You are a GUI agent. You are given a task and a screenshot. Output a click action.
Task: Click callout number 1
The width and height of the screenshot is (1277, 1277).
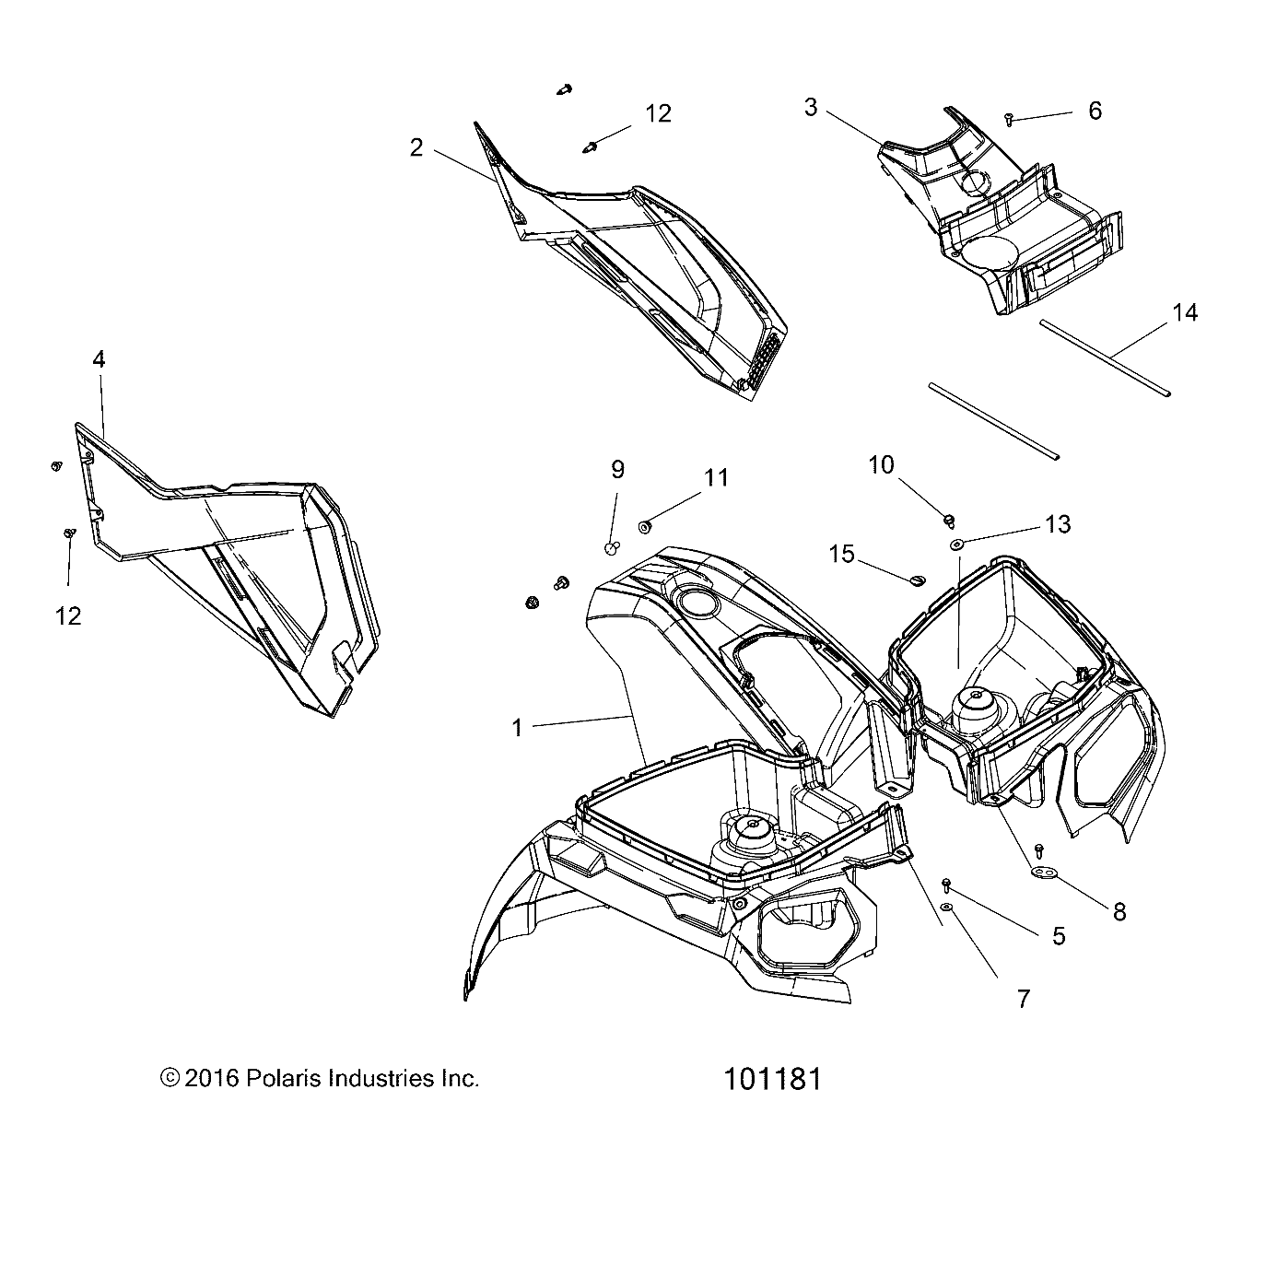tap(518, 728)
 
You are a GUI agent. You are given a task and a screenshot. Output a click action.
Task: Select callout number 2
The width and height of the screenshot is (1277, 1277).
tap(416, 147)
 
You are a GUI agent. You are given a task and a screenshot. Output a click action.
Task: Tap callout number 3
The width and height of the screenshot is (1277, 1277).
tap(811, 108)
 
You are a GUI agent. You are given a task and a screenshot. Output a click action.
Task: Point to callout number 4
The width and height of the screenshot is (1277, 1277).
tap(99, 360)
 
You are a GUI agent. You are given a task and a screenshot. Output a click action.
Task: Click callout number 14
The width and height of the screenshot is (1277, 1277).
tap(1185, 312)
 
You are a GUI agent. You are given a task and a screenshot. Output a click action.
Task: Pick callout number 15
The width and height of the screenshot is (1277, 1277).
tap(841, 554)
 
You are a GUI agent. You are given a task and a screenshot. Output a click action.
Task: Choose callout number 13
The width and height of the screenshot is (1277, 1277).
tap(1058, 525)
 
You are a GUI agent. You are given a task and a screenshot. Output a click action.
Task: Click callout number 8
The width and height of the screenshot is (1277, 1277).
tap(1119, 912)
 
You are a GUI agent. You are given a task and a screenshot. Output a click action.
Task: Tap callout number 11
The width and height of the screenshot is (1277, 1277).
tap(716, 478)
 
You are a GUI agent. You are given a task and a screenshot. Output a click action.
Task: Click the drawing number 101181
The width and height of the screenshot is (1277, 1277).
tap(773, 1080)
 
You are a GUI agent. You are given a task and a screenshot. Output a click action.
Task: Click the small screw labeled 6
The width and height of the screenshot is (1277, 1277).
tap(1009, 119)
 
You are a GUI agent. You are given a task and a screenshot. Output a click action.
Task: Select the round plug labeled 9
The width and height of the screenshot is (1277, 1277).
tap(614, 547)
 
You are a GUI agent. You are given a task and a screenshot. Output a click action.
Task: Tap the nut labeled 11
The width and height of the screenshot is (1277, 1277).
tap(643, 527)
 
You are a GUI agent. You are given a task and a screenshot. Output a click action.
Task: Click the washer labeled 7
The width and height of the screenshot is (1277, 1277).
tap(948, 907)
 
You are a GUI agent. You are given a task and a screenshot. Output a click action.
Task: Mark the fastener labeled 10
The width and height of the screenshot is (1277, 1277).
tap(950, 521)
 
